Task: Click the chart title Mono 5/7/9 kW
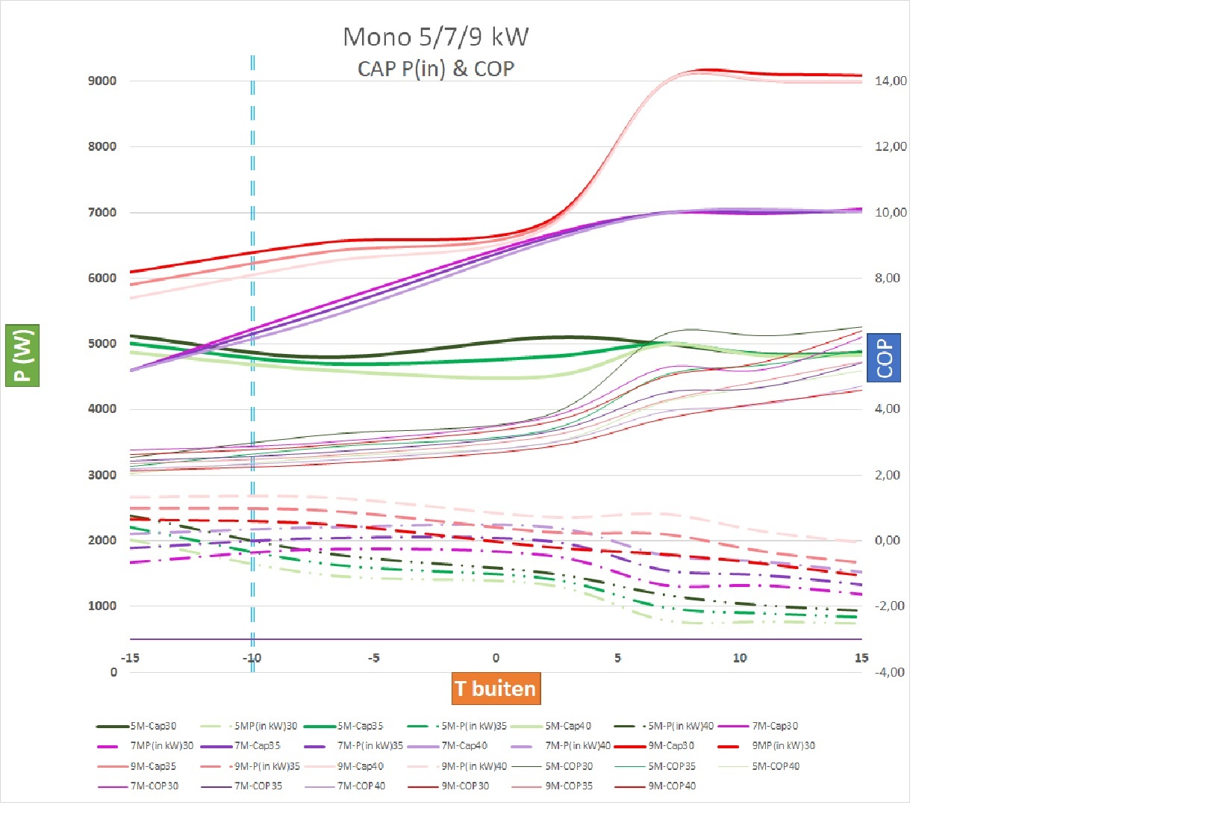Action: (435, 37)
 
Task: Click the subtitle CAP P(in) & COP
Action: (435, 69)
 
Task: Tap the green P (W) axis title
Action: (22, 355)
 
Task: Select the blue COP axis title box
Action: (884, 358)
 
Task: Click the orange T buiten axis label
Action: (496, 689)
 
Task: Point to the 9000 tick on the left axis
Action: (102, 81)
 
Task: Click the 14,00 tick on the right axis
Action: (891, 81)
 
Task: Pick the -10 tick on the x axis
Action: (252, 658)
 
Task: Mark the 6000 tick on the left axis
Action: (102, 278)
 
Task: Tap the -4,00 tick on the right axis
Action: (889, 671)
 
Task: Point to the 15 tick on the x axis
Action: (861, 658)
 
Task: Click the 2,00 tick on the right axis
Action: (887, 475)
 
